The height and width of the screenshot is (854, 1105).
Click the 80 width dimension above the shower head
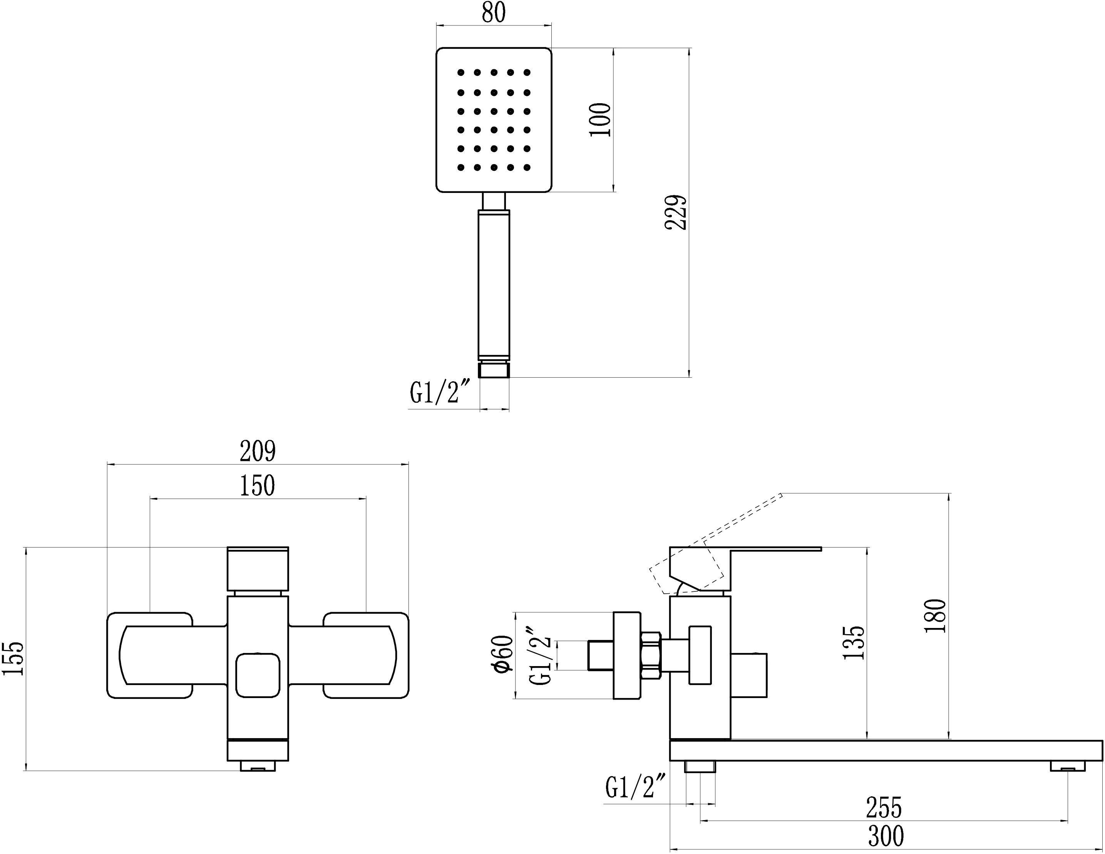tap(493, 13)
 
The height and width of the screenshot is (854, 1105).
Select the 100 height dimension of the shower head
tap(601, 119)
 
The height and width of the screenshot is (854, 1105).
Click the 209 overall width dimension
tap(258, 451)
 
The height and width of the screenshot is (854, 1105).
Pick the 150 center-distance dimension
tap(258, 486)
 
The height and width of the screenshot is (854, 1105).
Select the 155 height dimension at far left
tap(13, 658)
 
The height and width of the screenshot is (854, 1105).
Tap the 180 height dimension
tap(935, 615)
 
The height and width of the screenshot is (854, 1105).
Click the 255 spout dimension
tap(884, 807)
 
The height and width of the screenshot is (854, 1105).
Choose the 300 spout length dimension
tap(886, 836)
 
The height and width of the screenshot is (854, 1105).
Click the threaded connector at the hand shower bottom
tap(494, 370)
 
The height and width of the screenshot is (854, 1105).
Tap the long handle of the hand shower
tap(494, 283)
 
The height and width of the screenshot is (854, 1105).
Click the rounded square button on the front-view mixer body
tap(258, 675)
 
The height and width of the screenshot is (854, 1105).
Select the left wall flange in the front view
tap(149, 656)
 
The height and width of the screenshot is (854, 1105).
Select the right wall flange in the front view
tap(366, 656)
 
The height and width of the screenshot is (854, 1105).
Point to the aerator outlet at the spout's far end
tap(1068, 767)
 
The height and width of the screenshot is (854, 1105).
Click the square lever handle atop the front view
tap(258, 568)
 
